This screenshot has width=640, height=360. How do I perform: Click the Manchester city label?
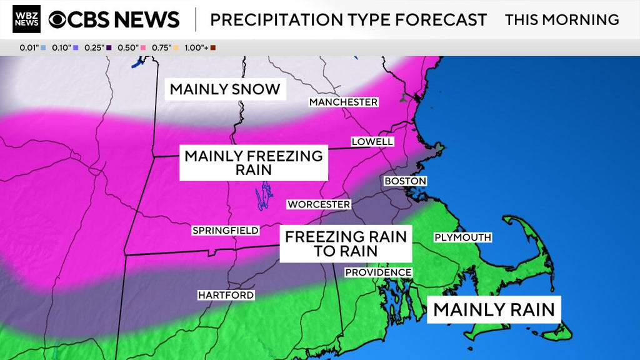344,102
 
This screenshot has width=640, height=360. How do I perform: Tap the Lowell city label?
372,142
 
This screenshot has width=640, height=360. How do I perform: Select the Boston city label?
405,181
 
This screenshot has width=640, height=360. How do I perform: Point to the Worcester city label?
319,204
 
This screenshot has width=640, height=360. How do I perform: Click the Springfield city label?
225,231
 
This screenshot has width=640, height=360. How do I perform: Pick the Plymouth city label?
462,237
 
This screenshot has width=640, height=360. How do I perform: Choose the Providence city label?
378,272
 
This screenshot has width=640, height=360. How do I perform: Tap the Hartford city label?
226,295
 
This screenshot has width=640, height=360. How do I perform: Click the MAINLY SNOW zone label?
225,89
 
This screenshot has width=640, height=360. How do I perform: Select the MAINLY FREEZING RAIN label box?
254,162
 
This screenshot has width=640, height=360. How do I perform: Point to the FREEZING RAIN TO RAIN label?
346,244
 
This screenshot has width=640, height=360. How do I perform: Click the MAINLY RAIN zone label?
494,309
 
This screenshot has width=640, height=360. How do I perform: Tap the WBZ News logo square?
26,19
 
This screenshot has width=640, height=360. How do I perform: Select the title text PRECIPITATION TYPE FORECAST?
348,19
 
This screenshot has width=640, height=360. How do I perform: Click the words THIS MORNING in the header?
562,19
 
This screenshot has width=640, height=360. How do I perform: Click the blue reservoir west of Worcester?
266,196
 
